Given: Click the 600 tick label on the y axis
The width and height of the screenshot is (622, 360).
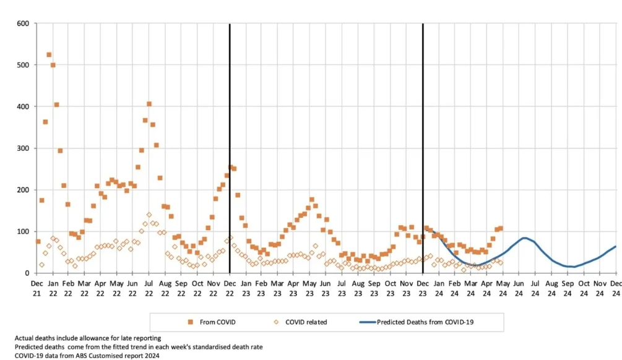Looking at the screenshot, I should pos(24,24).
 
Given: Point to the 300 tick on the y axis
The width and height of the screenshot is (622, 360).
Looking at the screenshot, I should pos(24,148).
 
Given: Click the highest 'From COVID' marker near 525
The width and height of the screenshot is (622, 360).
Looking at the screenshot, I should pos(49,55).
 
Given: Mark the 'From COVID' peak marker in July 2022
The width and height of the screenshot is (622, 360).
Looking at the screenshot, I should pos(149,104).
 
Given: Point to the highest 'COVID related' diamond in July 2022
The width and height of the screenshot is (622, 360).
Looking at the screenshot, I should pos(149,215).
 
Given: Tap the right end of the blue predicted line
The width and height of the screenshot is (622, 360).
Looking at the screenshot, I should pos(616,247).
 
